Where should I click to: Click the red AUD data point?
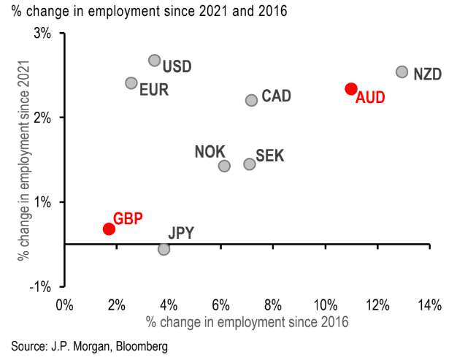click(x=351, y=88)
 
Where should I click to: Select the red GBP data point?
click(x=109, y=229)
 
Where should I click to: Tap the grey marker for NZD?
click(x=402, y=72)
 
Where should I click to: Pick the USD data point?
click(x=154, y=61)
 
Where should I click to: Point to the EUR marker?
click(x=131, y=83)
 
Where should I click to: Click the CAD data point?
click(x=251, y=100)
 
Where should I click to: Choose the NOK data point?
click(x=224, y=166)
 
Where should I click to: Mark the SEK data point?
click(x=249, y=164)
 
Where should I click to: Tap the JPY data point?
click(x=164, y=249)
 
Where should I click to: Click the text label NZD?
click(x=426, y=74)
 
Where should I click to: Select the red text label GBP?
click(x=128, y=218)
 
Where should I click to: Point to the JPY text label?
click(x=181, y=234)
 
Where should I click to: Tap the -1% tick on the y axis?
click(x=41, y=286)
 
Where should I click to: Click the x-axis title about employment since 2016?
click(x=247, y=321)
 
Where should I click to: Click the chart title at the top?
click(x=139, y=11)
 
